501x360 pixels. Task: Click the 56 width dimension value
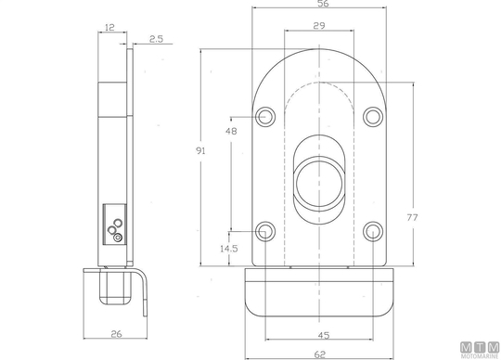tap(323, 4)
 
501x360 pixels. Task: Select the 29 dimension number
tap(319, 26)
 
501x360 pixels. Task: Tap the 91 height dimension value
tap(200, 150)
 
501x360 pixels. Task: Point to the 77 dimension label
tap(412, 217)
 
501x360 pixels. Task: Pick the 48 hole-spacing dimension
tap(231, 131)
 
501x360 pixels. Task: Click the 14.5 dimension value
tap(229, 249)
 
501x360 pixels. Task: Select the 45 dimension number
tap(324, 335)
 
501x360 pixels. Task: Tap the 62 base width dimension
tap(320, 354)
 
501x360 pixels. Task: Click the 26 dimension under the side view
tap(116, 334)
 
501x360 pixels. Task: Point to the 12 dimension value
tap(109, 28)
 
